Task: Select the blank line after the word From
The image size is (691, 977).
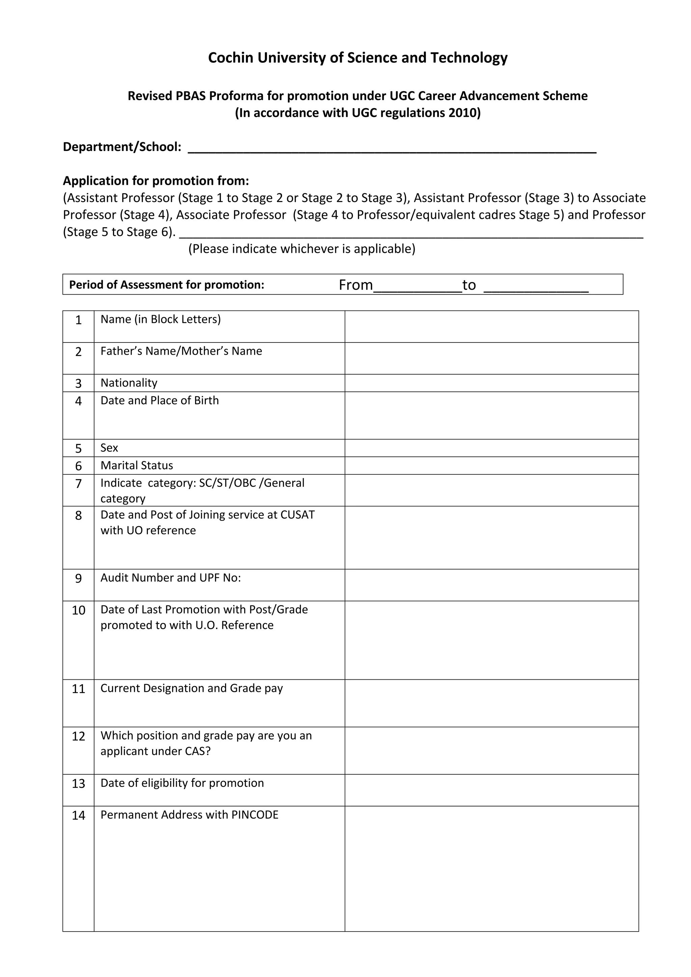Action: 417,287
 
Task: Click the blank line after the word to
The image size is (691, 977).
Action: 536,287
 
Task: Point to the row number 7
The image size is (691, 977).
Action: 78,484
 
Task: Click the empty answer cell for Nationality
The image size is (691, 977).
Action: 491,383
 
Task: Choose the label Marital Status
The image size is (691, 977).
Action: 137,466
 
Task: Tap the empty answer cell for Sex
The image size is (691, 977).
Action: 491,448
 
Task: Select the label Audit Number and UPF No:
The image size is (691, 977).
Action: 170,578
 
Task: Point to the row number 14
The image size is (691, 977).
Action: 78,816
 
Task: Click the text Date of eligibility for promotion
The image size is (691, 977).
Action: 182,783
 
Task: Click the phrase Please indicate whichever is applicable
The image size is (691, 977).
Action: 302,249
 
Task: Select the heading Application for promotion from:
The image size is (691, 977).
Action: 156,181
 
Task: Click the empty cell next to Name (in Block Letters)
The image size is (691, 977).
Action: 491,326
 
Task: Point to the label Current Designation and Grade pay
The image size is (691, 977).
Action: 192,688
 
